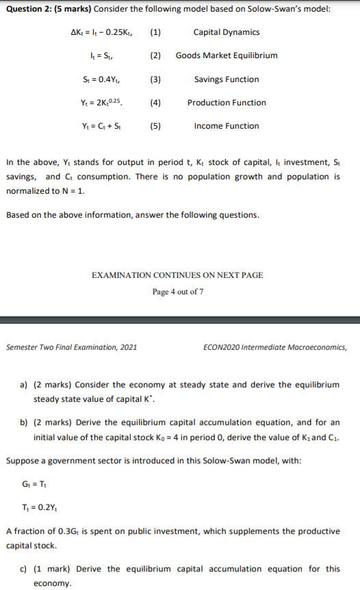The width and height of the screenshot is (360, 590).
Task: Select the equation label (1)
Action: (155, 32)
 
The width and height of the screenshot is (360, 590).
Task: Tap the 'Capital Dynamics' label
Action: (227, 32)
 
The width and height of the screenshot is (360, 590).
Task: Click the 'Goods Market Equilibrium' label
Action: (227, 55)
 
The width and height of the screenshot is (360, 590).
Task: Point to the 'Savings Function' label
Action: (227, 79)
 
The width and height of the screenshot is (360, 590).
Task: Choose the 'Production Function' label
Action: (227, 103)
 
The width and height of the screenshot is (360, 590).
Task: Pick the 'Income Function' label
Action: (227, 126)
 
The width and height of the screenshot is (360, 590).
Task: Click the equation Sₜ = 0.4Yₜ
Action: (103, 79)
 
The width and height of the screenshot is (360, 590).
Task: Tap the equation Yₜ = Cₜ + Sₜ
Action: (103, 126)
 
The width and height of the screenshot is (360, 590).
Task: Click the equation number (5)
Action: (155, 126)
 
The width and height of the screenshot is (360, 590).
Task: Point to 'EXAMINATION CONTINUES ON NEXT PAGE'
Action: (177, 275)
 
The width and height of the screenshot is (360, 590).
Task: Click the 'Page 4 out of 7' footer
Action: (177, 292)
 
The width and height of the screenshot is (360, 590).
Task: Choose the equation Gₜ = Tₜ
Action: (31, 487)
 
